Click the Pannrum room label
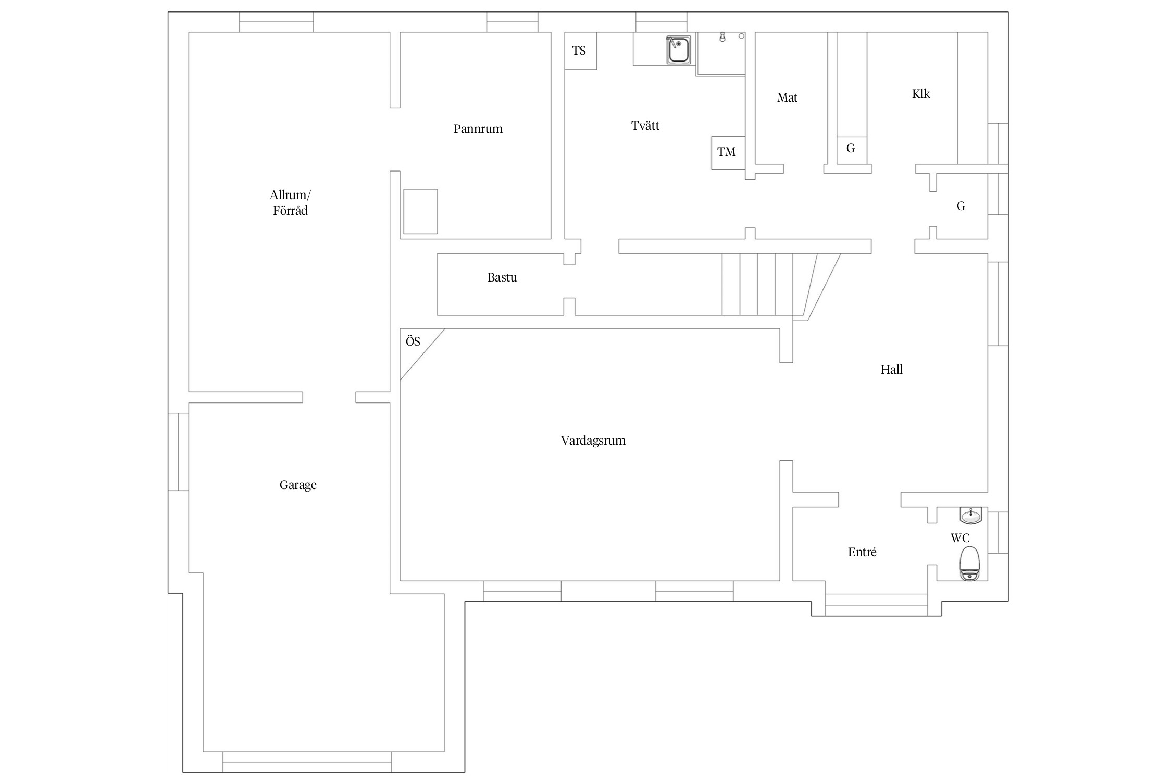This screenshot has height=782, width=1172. (x=478, y=129)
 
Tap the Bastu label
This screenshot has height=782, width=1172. (x=502, y=277)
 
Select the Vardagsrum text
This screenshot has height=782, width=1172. (x=593, y=441)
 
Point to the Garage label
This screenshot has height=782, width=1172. (x=298, y=485)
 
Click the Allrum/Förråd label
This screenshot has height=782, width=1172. (x=290, y=203)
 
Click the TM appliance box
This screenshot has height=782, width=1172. (x=727, y=152)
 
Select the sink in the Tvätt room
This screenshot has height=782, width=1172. (x=678, y=50)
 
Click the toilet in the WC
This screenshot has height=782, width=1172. (x=969, y=563)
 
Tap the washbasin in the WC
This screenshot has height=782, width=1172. (x=970, y=516)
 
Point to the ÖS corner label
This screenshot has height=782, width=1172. (x=413, y=342)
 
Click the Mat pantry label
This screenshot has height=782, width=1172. (x=787, y=97)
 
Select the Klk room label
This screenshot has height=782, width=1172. (x=920, y=94)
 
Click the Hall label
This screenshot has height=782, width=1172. (x=891, y=370)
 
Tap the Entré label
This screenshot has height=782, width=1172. (x=862, y=552)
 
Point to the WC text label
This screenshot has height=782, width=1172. (x=959, y=538)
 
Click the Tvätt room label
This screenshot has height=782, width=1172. (x=645, y=126)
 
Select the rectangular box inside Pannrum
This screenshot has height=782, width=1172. (x=420, y=211)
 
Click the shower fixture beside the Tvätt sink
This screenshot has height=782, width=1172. (x=722, y=38)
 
